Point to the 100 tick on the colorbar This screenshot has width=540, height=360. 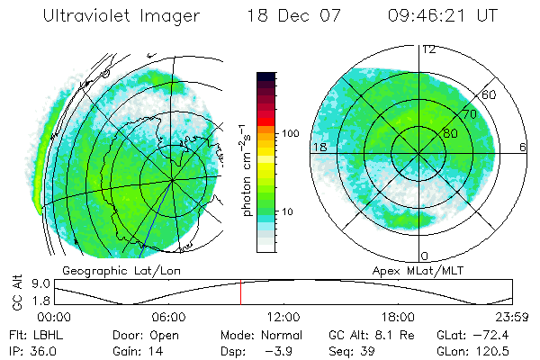(292, 133)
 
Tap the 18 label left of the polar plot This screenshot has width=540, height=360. (319, 147)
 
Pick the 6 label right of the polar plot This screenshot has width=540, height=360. (523, 147)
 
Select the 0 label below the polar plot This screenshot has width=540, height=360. (425, 256)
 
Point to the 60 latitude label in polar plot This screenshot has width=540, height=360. (490, 94)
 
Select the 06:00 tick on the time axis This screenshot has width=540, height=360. (169, 317)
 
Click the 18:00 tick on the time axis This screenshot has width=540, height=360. (399, 317)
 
